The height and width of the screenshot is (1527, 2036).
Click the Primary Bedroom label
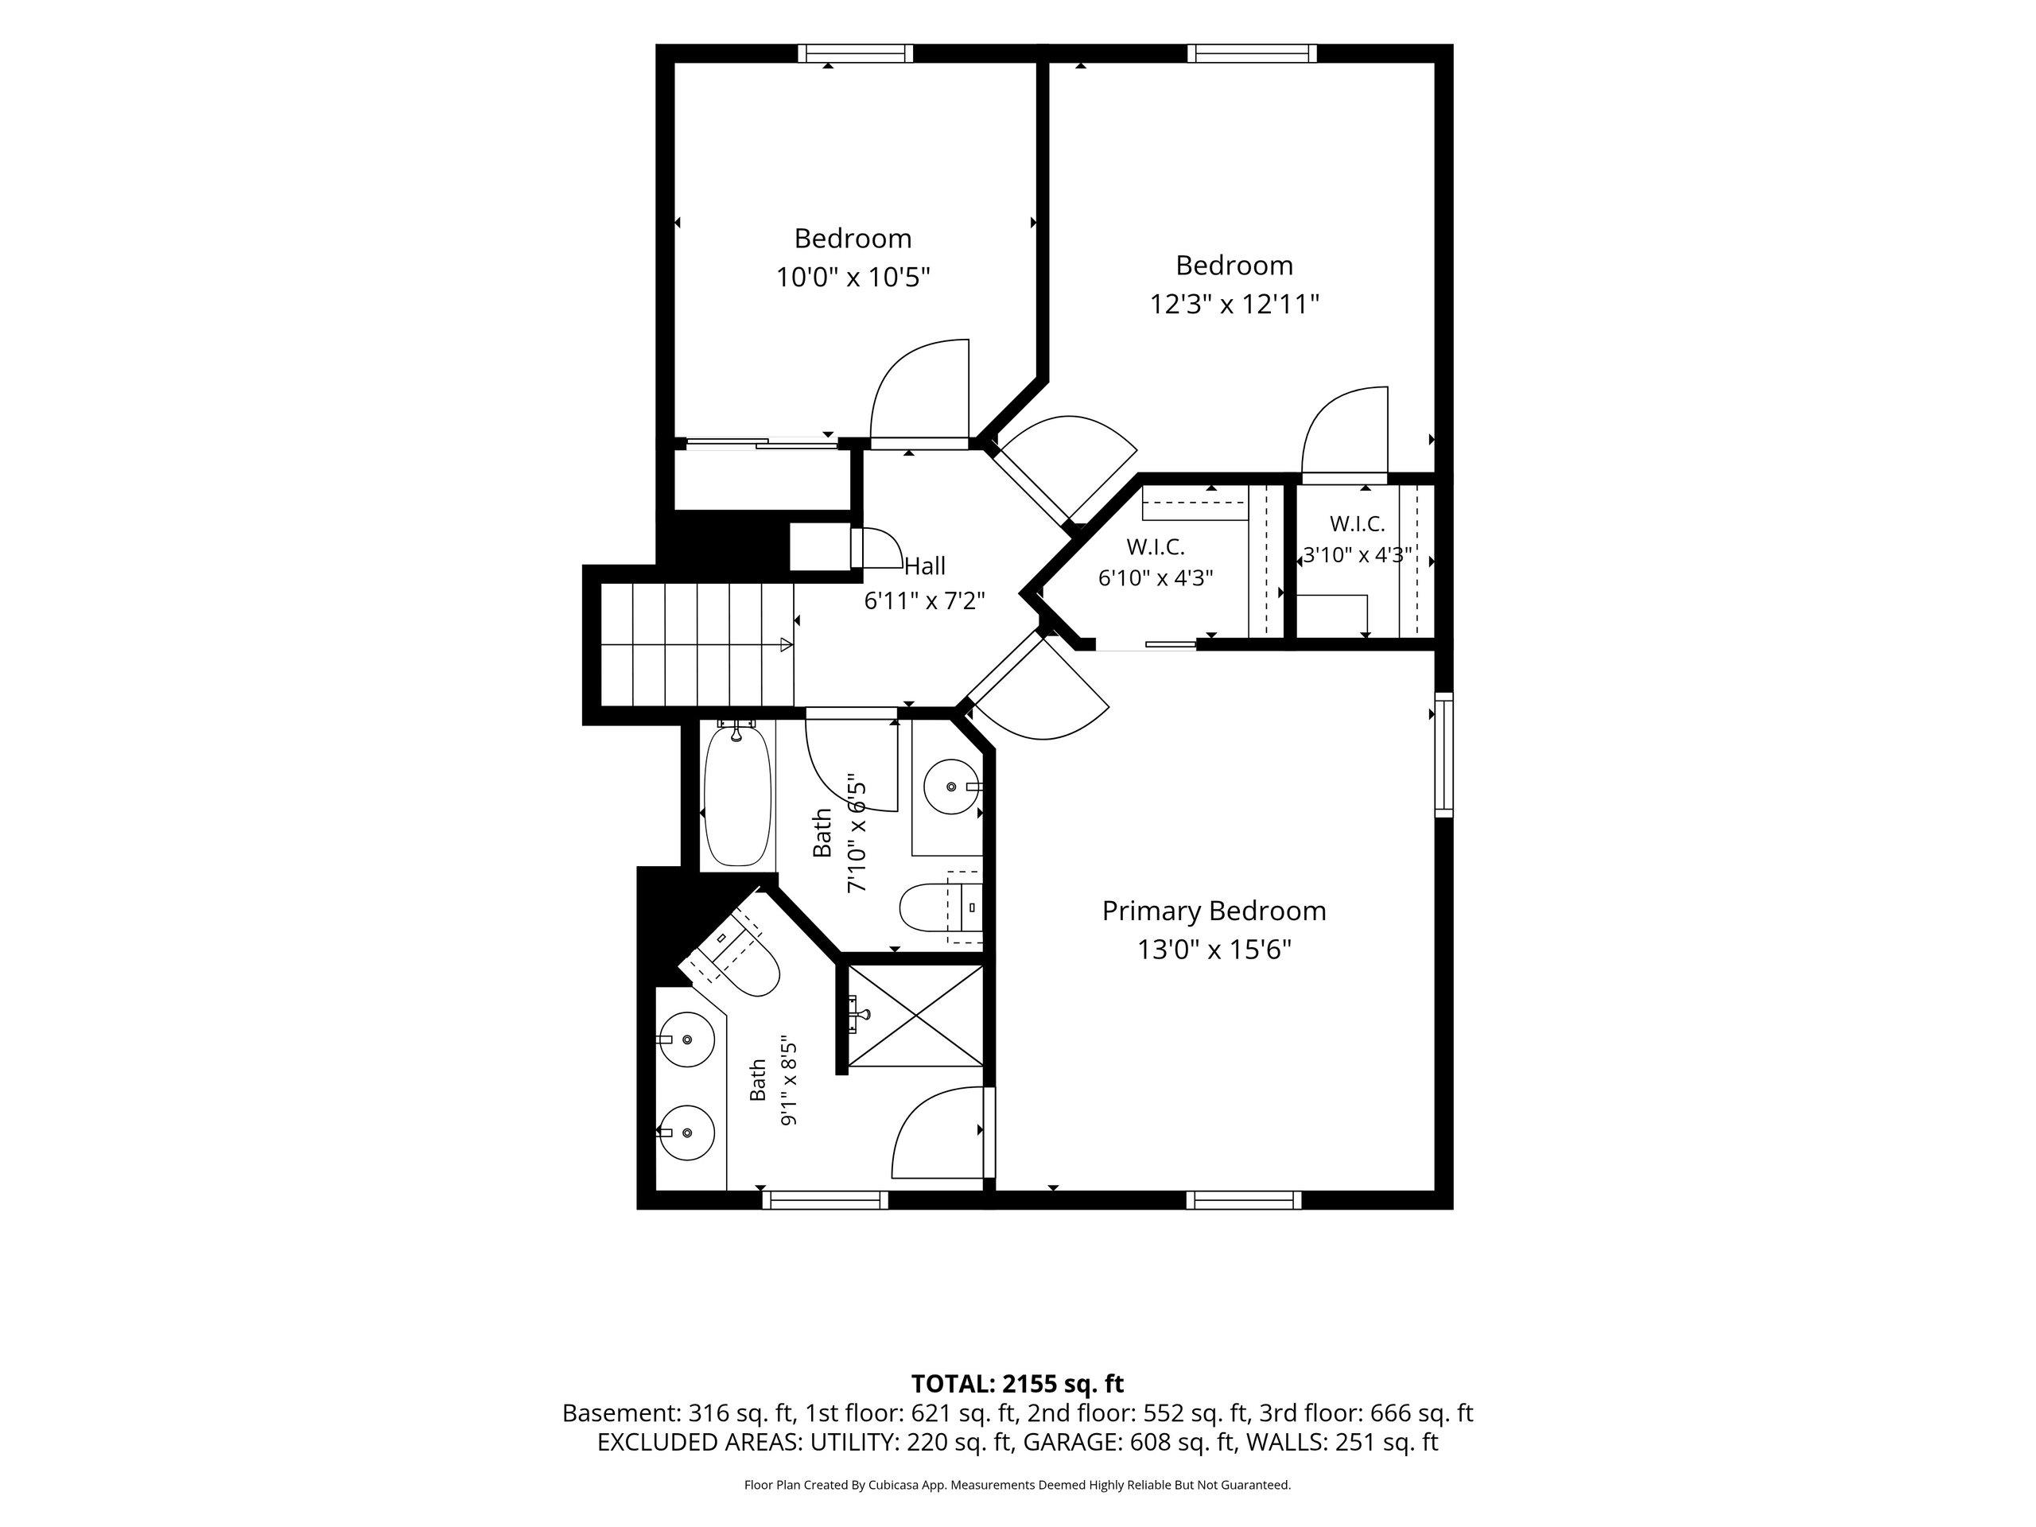1214,911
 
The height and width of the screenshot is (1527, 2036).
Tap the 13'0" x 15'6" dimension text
1214,950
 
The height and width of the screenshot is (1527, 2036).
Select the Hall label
924,565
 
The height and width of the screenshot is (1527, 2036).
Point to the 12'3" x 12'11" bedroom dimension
1234,304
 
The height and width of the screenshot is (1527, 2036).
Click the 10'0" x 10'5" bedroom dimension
853,277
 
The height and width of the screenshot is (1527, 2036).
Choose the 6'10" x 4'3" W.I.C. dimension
1155,578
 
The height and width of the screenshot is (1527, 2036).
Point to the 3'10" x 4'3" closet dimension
1358,555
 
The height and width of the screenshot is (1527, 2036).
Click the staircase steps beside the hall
697,644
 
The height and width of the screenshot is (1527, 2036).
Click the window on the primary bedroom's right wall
1444,755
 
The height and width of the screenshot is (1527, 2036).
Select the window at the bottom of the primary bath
825,1200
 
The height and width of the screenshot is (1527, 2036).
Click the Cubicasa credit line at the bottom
1017,1485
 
